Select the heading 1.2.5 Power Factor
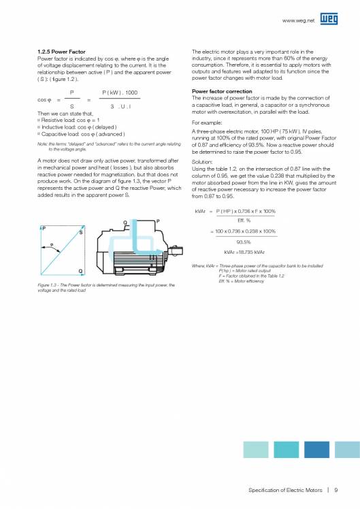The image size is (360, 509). (x=61, y=52)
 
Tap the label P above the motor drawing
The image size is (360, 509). (x=158, y=221)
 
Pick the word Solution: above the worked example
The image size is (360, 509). (x=203, y=162)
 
